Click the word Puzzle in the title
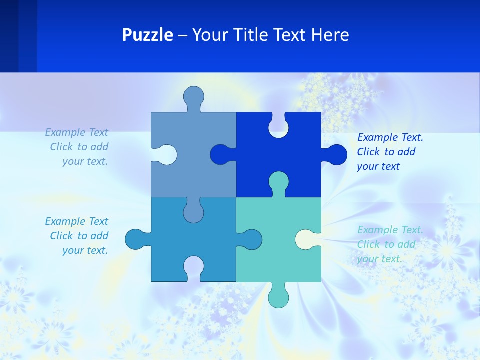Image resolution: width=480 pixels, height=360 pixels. click(x=147, y=35)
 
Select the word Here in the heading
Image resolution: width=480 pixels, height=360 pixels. click(x=330, y=35)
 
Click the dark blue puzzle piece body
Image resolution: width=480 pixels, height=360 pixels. click(x=295, y=160)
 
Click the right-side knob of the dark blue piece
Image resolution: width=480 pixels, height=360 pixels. click(x=336, y=154)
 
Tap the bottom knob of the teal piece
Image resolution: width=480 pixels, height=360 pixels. click(x=278, y=296)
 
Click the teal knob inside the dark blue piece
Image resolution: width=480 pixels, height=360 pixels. click(x=278, y=182)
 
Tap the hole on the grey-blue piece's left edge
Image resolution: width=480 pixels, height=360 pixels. click(x=166, y=154)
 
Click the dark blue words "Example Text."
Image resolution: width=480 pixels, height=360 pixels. click(x=390, y=137)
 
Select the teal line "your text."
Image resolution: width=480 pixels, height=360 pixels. click(x=379, y=259)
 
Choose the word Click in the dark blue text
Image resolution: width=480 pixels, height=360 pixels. click(x=369, y=152)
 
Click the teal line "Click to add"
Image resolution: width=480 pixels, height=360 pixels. click(x=386, y=244)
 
